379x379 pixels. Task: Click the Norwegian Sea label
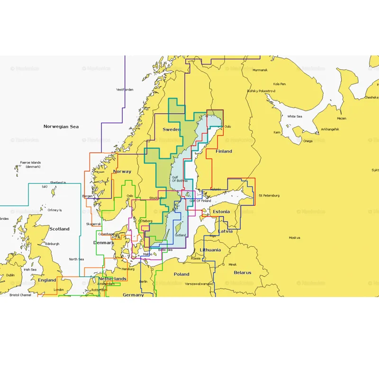coord(61,126)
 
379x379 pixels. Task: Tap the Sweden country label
coord(171,129)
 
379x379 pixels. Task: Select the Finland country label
coord(224,151)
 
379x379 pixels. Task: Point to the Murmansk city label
coord(260,70)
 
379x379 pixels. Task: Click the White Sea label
coord(295,116)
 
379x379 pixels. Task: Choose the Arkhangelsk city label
coord(330,129)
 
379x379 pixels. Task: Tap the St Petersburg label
coord(269,195)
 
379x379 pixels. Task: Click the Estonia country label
coord(221,211)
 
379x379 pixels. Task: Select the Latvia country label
coord(226,231)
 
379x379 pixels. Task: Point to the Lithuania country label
coord(210,250)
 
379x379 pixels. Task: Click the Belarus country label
coord(242,272)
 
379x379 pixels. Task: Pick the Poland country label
coord(181,274)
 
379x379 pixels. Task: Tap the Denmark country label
coord(104,243)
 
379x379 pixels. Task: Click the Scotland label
coord(59,229)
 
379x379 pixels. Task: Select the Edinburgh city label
coord(52,244)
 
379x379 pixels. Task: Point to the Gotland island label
coord(180,235)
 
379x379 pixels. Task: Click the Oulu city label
coord(228,126)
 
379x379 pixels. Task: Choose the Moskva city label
coord(295,237)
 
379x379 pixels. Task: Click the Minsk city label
coord(232,264)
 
